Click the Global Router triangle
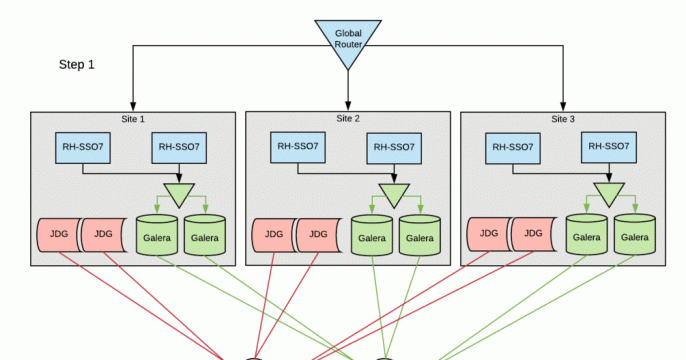[348, 39]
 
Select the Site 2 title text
[349, 118]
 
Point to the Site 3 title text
[564, 118]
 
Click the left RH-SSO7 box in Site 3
[514, 147]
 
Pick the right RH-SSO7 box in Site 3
[608, 147]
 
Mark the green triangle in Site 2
[394, 193]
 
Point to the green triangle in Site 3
[608, 192]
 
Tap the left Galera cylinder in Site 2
[371, 237]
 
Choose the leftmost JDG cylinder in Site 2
[272, 236]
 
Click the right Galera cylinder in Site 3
[634, 235]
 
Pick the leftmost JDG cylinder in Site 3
[487, 235]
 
